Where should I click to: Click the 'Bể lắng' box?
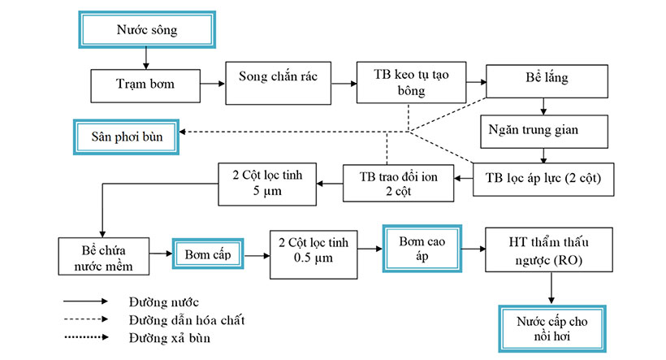542,82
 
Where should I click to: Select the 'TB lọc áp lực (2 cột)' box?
542,177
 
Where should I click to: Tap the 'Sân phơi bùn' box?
127,137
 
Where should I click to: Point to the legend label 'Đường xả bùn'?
168,337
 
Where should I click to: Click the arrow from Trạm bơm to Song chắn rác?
213,83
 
